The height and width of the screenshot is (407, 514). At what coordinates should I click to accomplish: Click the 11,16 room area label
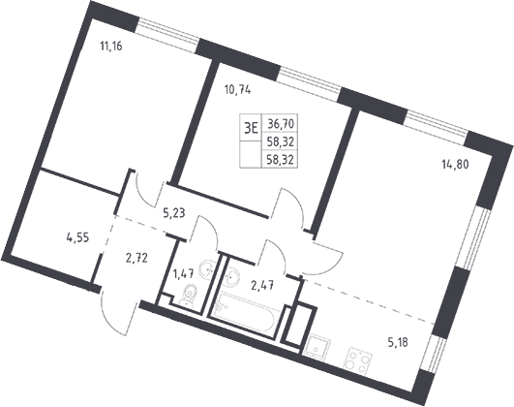(111, 47)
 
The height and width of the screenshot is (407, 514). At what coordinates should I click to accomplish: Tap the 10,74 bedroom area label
(238, 89)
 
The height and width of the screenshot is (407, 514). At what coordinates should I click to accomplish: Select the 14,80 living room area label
(455, 164)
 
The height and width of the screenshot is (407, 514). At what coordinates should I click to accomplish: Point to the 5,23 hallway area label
(174, 213)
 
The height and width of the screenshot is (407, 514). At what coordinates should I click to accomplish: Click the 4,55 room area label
(77, 237)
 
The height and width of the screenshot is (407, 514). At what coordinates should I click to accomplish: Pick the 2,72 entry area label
(136, 259)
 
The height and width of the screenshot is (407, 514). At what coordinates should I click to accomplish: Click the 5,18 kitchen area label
(398, 343)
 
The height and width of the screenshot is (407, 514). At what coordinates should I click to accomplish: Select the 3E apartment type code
(251, 128)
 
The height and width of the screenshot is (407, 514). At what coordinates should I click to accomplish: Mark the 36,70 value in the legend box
(281, 124)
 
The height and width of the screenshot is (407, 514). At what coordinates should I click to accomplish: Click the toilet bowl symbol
(189, 294)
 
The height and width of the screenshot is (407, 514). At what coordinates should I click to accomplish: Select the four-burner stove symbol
(358, 361)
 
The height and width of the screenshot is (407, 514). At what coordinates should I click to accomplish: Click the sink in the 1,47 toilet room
(207, 269)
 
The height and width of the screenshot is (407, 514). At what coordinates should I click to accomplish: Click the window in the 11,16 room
(167, 35)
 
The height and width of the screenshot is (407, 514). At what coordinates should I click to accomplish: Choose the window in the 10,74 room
(310, 84)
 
